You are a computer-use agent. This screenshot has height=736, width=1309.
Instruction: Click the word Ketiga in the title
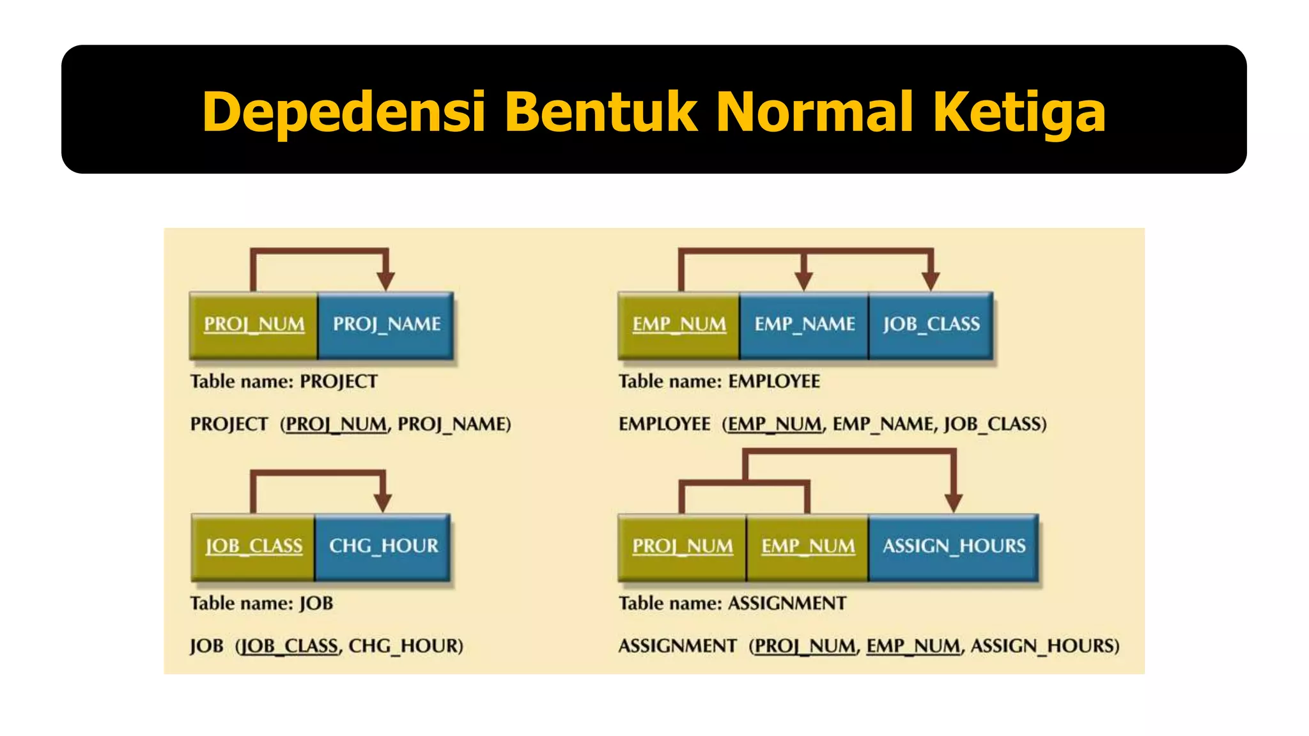click(1019, 112)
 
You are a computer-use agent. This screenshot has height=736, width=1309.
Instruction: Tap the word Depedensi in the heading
click(344, 112)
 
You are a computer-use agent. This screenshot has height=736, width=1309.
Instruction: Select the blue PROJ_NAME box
click(386, 325)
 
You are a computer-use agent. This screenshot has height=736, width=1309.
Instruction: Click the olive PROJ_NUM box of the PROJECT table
click(254, 325)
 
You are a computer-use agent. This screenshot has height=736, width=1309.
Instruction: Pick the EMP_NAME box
click(804, 325)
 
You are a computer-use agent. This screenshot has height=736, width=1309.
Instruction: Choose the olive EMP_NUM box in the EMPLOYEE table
click(679, 325)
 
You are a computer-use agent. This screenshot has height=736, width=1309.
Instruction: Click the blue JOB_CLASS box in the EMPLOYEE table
click(931, 325)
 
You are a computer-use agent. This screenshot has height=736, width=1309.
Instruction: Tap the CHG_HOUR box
click(383, 546)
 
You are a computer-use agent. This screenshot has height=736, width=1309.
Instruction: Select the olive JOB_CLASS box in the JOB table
click(253, 546)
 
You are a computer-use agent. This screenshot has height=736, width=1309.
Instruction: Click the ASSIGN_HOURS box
click(954, 546)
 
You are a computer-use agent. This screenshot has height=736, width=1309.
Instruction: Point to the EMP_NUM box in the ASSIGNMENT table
click(807, 546)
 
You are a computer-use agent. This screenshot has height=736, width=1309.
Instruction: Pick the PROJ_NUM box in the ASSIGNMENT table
click(682, 546)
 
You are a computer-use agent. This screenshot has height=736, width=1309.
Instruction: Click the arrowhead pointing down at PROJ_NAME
click(385, 280)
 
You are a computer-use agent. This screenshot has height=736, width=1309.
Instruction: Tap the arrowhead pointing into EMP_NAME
click(803, 280)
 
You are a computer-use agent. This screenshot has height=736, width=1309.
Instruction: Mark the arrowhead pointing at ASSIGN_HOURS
click(954, 502)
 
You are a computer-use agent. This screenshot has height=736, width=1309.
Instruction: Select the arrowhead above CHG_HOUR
click(383, 502)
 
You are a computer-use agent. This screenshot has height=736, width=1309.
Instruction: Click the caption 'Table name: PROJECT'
click(284, 381)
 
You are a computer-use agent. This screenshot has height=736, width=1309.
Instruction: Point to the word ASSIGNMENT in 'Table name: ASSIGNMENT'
click(787, 603)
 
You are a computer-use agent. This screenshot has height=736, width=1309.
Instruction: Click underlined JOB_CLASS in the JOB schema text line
click(290, 646)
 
